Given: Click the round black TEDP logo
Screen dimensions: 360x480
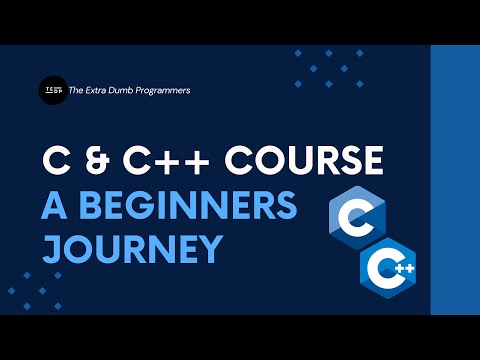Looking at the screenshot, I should click(x=52, y=90).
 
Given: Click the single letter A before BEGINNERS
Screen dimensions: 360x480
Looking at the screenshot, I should click(x=53, y=205).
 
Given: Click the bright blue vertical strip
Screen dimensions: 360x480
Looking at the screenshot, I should click(x=454, y=180).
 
